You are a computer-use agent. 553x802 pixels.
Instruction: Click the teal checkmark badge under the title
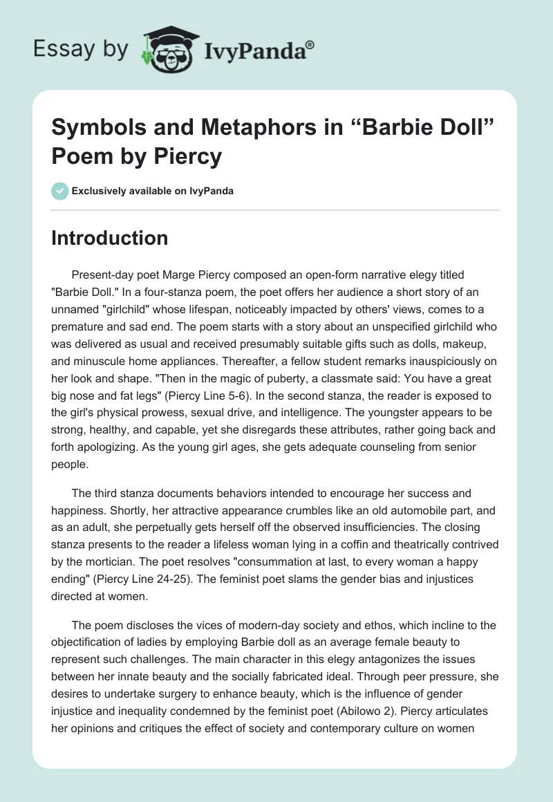(x=60, y=191)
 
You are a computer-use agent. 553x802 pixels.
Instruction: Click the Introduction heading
(x=110, y=239)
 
